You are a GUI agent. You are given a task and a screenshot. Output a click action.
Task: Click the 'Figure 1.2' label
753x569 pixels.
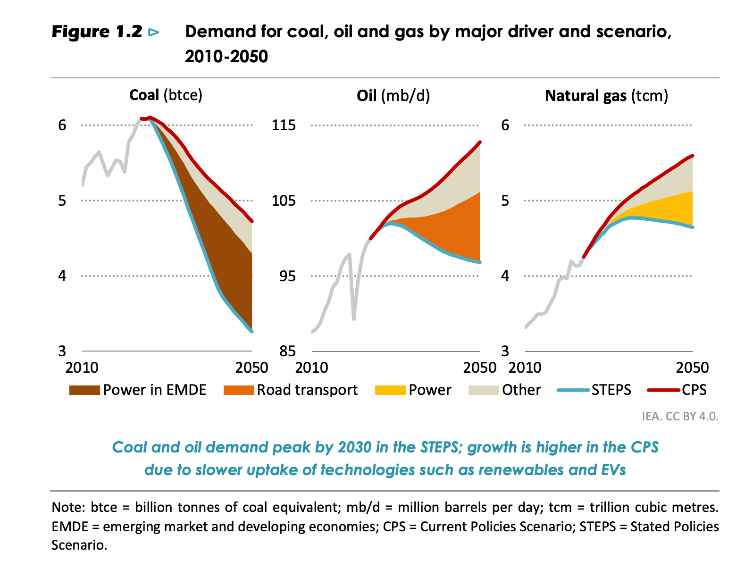pyautogui.click(x=97, y=32)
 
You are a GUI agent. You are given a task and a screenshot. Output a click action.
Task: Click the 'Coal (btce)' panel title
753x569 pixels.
pyautogui.click(x=166, y=95)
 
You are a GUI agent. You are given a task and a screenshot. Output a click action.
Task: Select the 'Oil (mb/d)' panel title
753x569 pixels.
pyautogui.click(x=393, y=96)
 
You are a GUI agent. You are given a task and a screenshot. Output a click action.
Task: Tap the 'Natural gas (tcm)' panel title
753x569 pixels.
pyautogui.click(x=606, y=96)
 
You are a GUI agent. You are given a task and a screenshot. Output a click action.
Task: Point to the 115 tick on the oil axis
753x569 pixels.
pyautogui.click(x=284, y=125)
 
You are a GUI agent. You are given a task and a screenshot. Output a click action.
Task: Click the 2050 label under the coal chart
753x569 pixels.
pyautogui.click(x=252, y=368)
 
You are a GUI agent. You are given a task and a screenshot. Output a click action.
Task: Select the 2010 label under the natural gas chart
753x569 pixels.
pyautogui.click(x=525, y=368)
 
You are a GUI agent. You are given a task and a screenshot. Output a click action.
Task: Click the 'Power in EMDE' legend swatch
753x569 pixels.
pyautogui.click(x=84, y=390)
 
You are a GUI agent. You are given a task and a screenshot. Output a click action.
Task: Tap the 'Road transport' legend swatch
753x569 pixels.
pyautogui.click(x=239, y=390)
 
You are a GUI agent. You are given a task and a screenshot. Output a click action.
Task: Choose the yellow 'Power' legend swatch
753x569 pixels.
pyautogui.click(x=390, y=390)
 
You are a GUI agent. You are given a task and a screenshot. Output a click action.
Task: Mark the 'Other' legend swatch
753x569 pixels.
pyautogui.click(x=484, y=390)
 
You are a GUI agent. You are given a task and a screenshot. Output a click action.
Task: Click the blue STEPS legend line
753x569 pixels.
pyautogui.click(x=573, y=390)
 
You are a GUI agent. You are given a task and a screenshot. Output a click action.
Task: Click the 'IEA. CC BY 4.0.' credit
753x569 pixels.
pyautogui.click(x=680, y=417)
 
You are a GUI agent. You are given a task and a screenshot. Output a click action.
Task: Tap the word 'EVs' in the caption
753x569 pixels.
pyautogui.click(x=613, y=470)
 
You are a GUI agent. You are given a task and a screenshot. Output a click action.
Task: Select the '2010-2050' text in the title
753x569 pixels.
pyautogui.click(x=226, y=57)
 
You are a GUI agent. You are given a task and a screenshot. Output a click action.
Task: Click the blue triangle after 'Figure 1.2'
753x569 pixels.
pyautogui.click(x=154, y=32)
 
